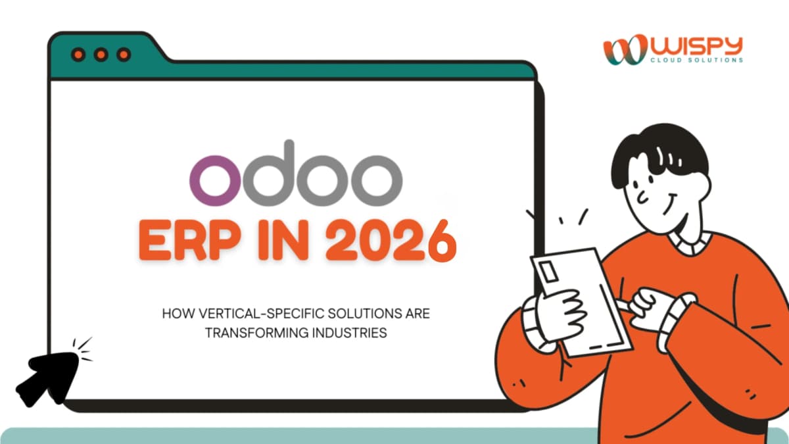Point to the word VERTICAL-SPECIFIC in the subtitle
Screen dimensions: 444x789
point(246,314)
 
